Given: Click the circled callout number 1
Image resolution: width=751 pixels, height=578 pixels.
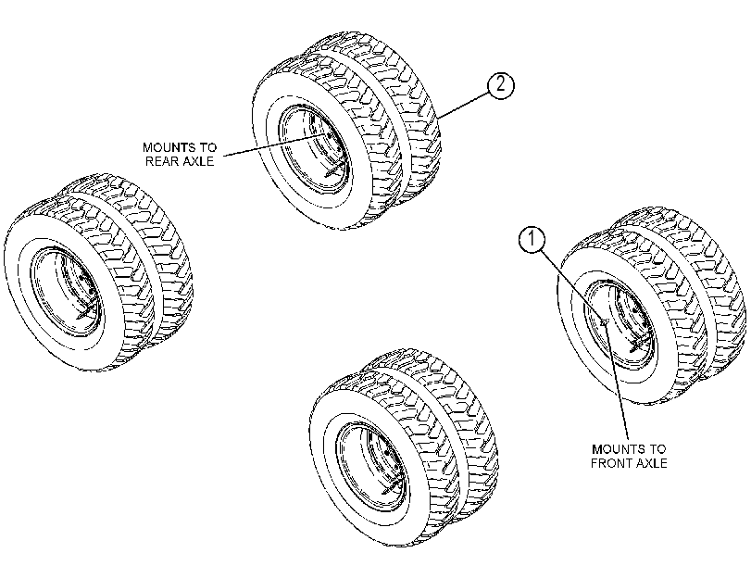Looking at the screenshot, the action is pyautogui.click(x=532, y=239).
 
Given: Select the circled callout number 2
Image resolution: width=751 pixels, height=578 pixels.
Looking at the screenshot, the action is pyautogui.click(x=500, y=86).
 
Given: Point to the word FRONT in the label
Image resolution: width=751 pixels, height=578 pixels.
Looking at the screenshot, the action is pyautogui.click(x=609, y=463).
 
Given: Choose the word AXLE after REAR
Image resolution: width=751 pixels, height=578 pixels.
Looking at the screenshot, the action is pyautogui.click(x=198, y=161).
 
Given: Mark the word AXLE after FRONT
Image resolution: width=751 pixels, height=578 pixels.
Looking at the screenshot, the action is pyautogui.click(x=649, y=463).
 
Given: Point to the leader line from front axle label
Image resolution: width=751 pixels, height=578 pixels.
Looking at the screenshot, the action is pyautogui.click(x=617, y=381).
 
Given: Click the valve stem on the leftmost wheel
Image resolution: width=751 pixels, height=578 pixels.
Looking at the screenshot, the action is pyautogui.click(x=87, y=310).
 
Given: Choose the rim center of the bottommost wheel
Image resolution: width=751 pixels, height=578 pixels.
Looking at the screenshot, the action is pyautogui.click(x=372, y=466).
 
